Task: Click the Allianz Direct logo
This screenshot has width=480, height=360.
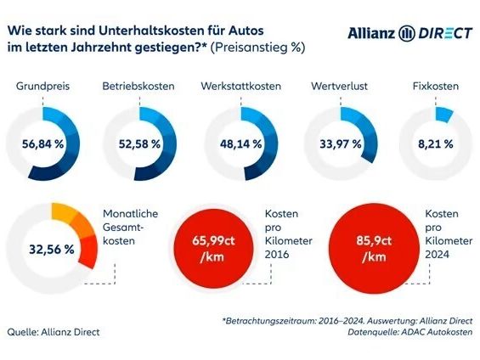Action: point(409,32)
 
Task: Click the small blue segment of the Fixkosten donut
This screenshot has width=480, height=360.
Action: point(443,114)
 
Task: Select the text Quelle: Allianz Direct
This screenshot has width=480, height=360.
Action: point(53,332)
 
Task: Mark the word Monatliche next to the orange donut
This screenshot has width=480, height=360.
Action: point(130,213)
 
